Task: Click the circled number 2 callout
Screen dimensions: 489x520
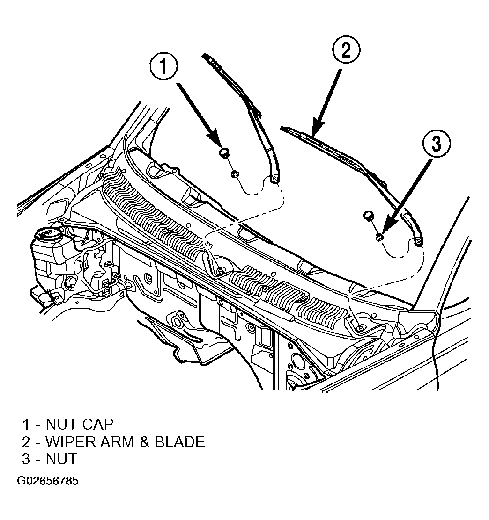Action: click(x=346, y=50)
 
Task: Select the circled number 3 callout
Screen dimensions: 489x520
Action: click(x=436, y=144)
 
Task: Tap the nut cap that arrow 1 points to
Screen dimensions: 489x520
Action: click(x=223, y=152)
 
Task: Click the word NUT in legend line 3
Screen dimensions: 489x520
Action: click(x=61, y=459)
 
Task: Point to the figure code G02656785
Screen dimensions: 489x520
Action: click(x=48, y=481)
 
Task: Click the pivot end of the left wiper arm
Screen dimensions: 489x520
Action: click(x=274, y=179)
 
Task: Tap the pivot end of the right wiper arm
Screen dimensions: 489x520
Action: click(x=418, y=242)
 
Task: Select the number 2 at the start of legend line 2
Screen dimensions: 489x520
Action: click(x=26, y=442)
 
